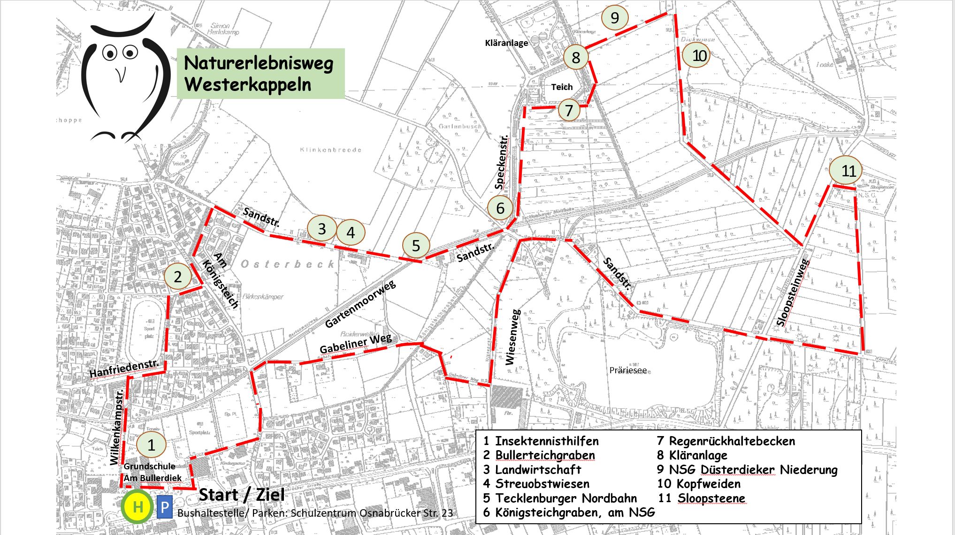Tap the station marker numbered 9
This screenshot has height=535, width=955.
tap(614, 18)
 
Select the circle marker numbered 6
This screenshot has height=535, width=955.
tap(500, 208)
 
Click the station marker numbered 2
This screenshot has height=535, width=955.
tap(177, 277)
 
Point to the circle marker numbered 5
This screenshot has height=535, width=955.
tap(416, 245)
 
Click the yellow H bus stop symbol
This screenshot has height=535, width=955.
tap(138, 506)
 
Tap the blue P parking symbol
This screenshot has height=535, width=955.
tap(165, 507)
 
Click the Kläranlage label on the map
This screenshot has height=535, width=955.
tap(506, 43)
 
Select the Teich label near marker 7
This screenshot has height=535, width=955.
tap(562, 87)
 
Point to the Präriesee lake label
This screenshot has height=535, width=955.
tap(628, 370)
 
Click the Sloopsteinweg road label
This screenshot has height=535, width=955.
tap(793, 293)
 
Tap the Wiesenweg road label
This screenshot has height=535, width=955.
tap(512, 337)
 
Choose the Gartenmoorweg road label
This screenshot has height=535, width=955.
tap(360, 304)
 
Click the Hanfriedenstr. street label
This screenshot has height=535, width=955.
tap(124, 369)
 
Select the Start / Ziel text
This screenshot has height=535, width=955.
tap(242, 495)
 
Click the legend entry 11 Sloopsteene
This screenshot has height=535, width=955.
tap(702, 498)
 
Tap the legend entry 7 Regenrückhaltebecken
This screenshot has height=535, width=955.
tap(726, 441)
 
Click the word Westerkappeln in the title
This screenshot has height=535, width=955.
tap(248, 85)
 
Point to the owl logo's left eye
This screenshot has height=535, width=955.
tap(110, 53)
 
